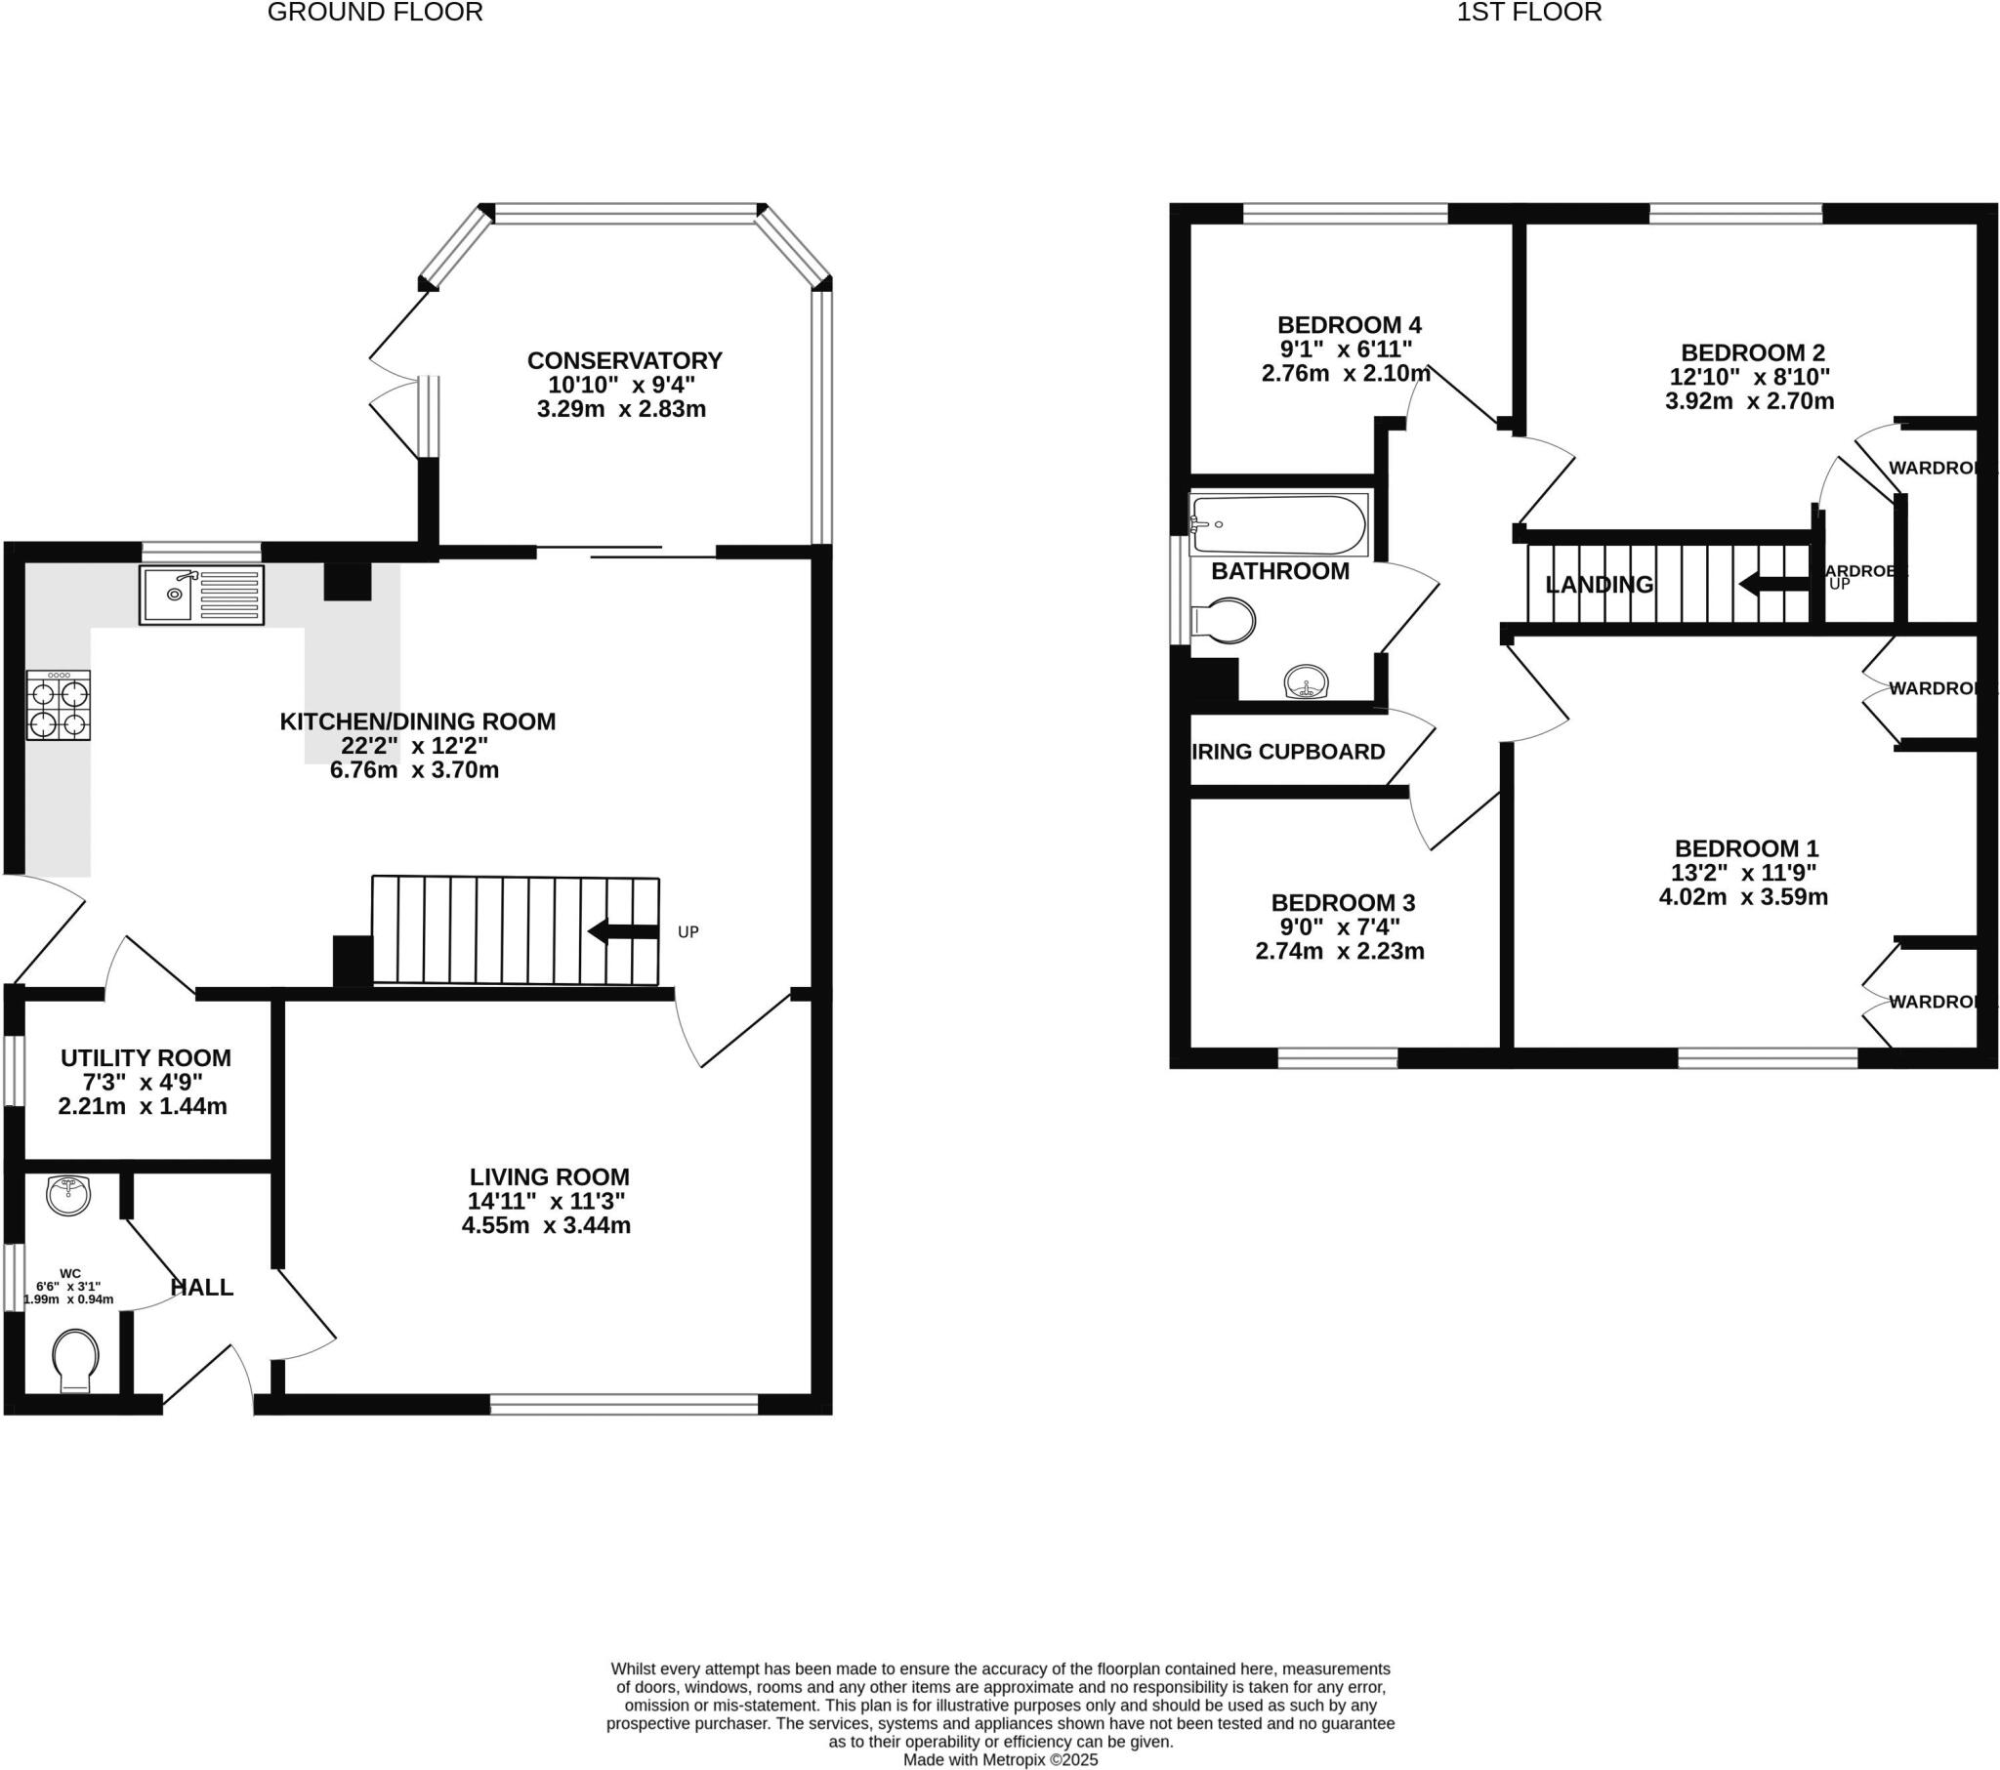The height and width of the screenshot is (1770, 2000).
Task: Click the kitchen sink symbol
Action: (201, 595)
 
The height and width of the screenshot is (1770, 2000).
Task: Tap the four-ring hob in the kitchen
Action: (59, 706)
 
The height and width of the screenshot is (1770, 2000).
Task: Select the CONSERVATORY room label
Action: (624, 361)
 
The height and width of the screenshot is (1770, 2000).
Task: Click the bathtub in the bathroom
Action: (1279, 525)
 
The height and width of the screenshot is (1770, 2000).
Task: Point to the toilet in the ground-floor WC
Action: (76, 1359)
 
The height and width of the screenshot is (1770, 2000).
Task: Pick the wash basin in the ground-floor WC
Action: (68, 1195)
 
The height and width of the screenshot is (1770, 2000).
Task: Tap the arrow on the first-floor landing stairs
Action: (1773, 585)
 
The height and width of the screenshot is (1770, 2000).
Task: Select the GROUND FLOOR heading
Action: (375, 13)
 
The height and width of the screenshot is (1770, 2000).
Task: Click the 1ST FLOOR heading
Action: (1528, 13)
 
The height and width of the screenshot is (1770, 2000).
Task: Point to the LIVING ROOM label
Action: (549, 1177)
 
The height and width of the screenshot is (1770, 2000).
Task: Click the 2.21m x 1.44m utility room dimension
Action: (143, 1107)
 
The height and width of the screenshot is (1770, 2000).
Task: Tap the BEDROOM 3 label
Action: (1343, 902)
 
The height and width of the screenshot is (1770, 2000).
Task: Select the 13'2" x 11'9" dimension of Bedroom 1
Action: (1743, 873)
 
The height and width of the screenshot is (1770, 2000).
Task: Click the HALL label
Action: (201, 1288)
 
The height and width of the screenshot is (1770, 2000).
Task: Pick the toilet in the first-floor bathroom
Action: (1223, 620)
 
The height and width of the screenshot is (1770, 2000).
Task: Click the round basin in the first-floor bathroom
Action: (1307, 682)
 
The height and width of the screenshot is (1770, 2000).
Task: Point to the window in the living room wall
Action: (624, 1405)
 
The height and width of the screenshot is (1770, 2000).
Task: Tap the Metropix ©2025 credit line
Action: (1000, 1760)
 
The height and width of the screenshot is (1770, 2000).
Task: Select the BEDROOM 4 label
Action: (1349, 325)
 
